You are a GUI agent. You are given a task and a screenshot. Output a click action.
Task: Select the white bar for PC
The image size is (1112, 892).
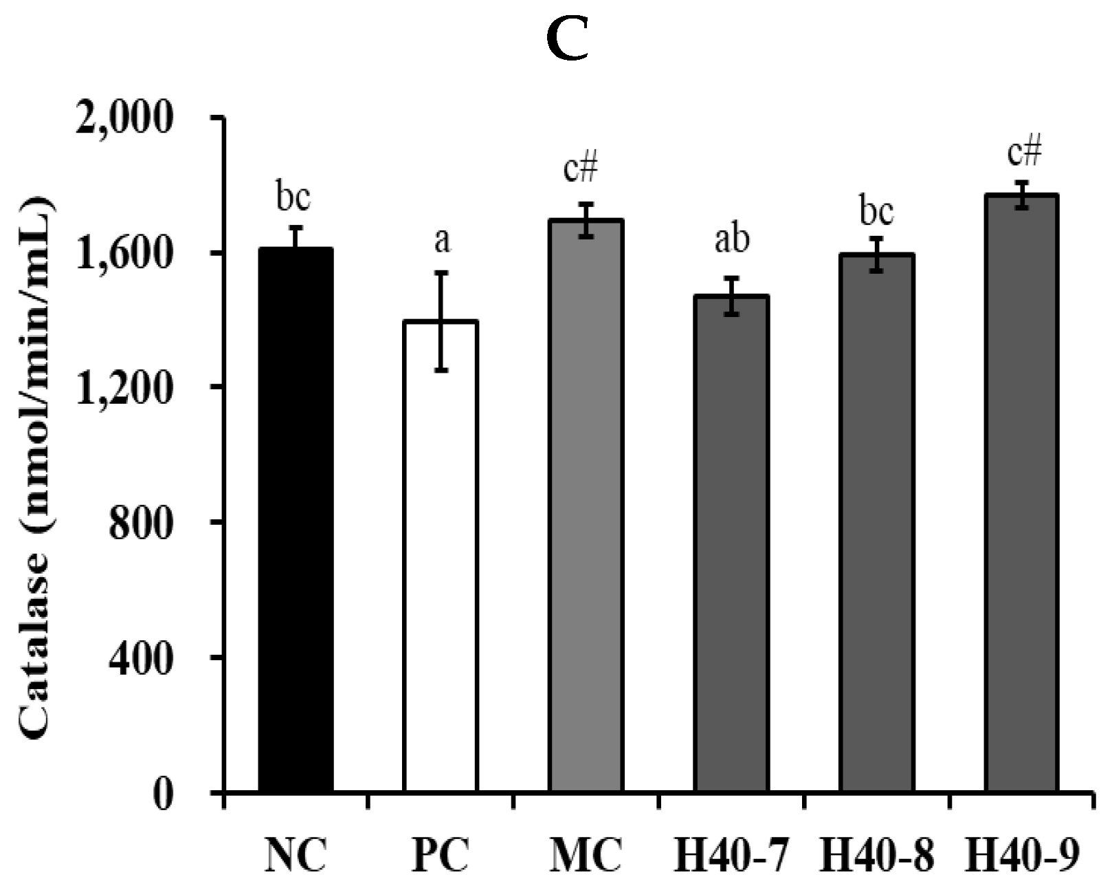441,556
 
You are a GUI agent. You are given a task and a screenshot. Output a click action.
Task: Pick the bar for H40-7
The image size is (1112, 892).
731,543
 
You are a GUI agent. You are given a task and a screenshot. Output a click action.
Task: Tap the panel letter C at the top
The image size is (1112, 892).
568,40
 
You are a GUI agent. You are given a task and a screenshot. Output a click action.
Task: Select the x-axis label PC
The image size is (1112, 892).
442,855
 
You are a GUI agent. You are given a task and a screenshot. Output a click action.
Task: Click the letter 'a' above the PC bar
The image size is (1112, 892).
442,241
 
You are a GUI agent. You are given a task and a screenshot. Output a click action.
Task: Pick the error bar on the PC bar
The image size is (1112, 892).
441,321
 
